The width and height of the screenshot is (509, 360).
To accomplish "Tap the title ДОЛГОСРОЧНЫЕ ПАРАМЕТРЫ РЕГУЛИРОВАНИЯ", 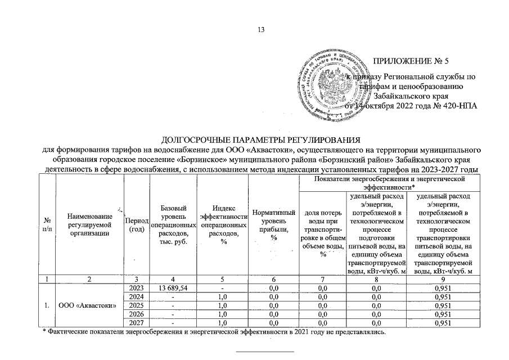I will coord(260,139).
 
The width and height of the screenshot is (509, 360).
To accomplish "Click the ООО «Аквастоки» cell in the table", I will coord(88,305).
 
